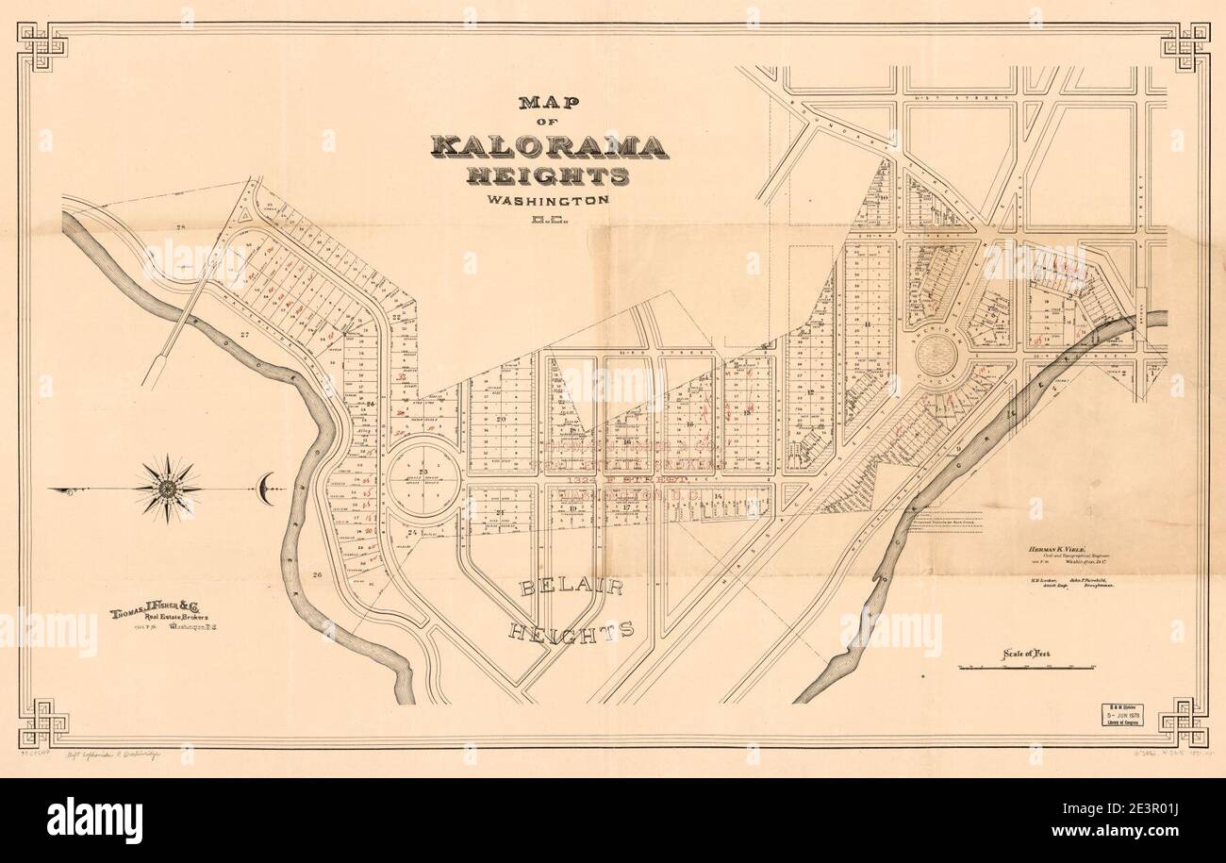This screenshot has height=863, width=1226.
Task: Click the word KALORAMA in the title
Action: click(550, 146)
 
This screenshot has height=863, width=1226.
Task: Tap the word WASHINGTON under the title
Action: click(548, 200)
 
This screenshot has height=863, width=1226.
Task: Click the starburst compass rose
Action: click(168, 488)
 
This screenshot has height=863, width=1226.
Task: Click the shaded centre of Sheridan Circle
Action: click(936, 355)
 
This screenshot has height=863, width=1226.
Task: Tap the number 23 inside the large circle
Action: click(423, 471)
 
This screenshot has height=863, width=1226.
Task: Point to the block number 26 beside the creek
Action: click(318, 573)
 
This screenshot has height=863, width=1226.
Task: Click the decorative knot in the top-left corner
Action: click(43, 46)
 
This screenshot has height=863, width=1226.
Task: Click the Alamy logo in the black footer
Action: click(94, 819)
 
